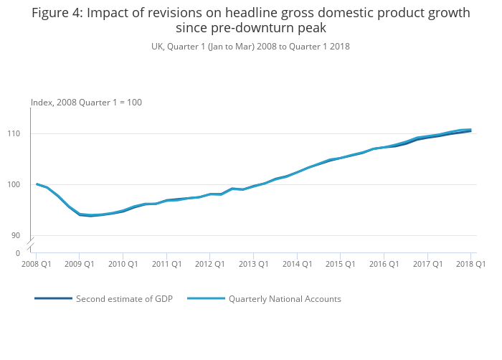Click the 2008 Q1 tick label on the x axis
point(36,264)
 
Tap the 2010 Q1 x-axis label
point(123,264)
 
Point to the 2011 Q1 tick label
point(166,264)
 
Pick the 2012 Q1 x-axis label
point(209,264)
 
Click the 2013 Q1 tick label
point(253,264)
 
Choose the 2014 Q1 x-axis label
point(297,264)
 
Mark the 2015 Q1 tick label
point(340,264)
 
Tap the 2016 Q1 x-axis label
point(384,264)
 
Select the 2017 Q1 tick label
point(427,264)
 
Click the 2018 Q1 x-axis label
point(470,264)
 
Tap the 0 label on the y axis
point(19,253)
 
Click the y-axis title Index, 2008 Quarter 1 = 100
point(86,103)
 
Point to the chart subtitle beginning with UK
point(250,46)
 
